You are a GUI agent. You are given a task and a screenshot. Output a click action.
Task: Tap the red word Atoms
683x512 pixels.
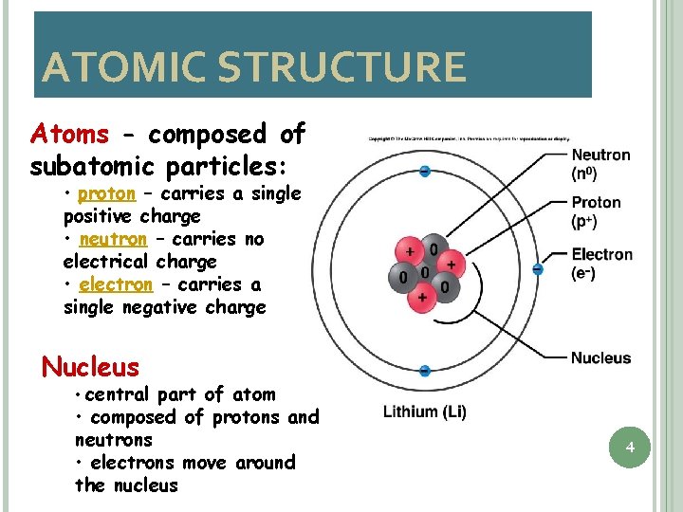[x=69, y=134]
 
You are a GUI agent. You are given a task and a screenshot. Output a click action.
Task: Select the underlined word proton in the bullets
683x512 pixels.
[x=106, y=193]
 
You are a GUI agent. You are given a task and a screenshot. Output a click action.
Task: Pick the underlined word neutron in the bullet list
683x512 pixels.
[x=113, y=239]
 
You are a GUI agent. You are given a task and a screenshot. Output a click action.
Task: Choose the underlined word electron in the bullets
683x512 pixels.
[x=116, y=284]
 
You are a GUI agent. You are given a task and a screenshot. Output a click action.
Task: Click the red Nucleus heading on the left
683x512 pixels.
[x=91, y=366]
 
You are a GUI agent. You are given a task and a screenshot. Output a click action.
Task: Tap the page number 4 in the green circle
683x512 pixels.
[x=629, y=447]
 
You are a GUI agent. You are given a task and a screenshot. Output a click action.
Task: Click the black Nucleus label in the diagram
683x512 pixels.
[x=600, y=357]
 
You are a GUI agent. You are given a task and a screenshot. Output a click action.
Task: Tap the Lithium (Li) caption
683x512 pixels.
[x=424, y=411]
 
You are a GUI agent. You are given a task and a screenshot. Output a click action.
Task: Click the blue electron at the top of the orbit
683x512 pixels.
[x=424, y=172]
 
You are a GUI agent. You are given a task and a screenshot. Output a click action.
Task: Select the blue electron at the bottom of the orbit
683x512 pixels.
[x=424, y=371]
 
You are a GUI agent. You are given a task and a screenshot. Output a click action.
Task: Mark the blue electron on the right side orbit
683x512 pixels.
[x=537, y=270]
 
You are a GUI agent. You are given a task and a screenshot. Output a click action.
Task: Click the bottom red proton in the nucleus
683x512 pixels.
[x=421, y=298]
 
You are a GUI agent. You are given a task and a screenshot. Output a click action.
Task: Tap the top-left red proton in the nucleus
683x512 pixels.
[x=411, y=253]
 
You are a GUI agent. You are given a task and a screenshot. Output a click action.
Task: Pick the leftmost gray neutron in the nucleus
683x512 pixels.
[x=401, y=278]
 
